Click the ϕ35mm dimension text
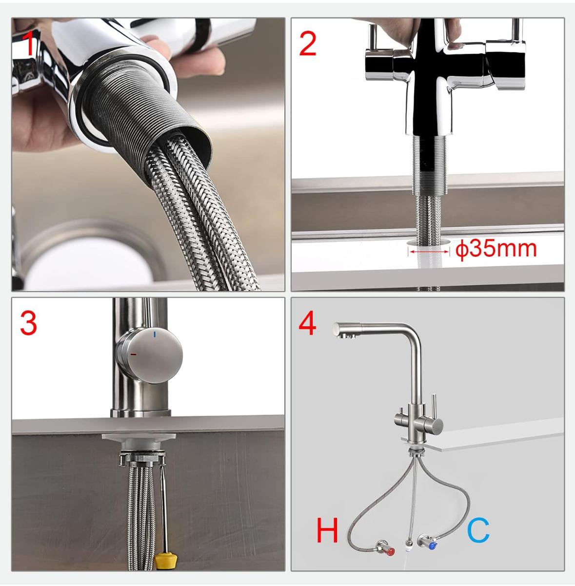pos(496,249)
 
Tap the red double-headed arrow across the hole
pos(429,251)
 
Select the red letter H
pos(327,530)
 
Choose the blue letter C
pos(478,530)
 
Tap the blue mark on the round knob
pos(155,335)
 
